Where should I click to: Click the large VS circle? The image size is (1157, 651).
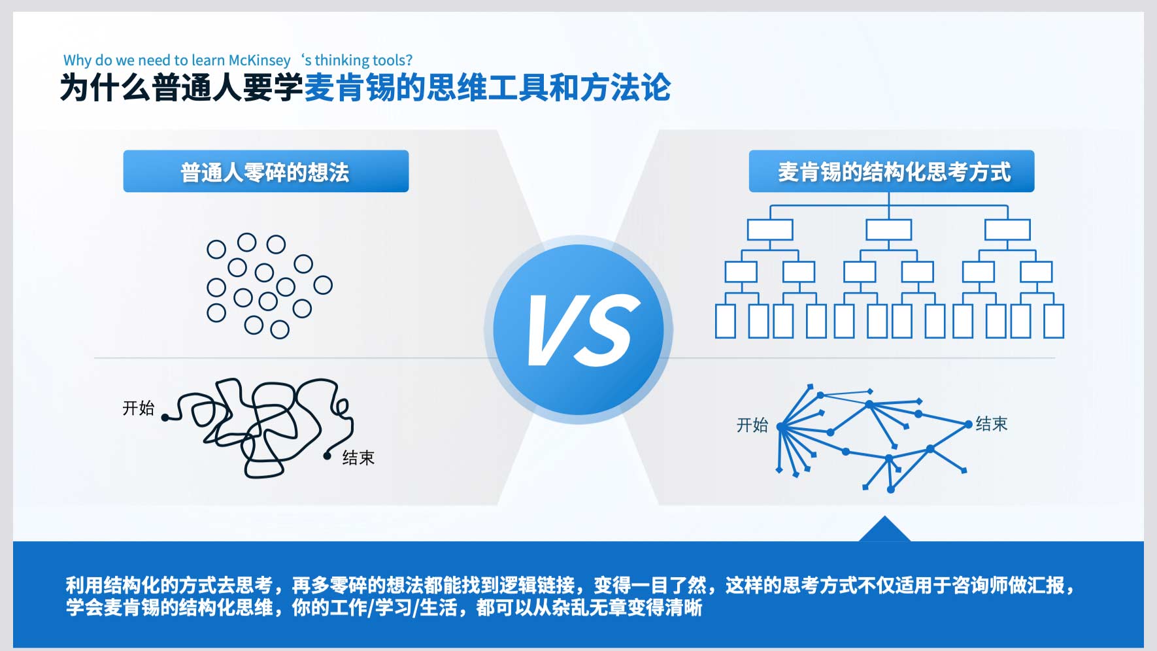pos(578,329)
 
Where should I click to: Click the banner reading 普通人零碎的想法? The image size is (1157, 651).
pos(266,171)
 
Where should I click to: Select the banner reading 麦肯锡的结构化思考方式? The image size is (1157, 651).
pos(892,171)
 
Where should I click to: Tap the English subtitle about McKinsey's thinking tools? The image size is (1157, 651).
pos(238,60)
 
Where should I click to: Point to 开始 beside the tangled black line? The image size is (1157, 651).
pos(139,409)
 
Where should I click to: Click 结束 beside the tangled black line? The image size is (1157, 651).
pos(358,458)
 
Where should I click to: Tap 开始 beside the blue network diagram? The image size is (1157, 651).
pos(752,425)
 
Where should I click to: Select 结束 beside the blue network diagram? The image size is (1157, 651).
pos(992,424)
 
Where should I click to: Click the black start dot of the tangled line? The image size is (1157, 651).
pos(165,417)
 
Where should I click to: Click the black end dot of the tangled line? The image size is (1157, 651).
pos(327,456)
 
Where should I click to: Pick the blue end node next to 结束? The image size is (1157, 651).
pos(968,425)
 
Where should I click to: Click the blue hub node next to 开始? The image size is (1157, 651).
pos(780,427)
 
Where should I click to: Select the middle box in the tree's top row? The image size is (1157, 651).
pos(889,230)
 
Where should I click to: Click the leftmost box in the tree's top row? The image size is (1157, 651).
pos(770,230)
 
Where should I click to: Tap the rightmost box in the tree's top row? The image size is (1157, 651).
pos(1007,230)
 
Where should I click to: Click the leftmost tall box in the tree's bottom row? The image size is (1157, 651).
pos(726,321)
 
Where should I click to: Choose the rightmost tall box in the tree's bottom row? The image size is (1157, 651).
pos(1054,321)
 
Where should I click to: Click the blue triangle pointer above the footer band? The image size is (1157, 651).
pos(884,530)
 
